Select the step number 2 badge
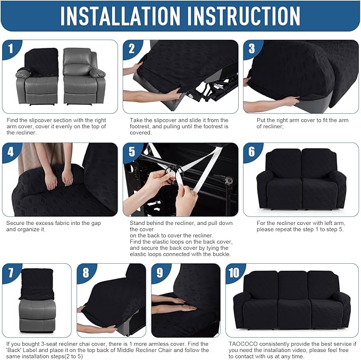pyautogui.click(x=132, y=49)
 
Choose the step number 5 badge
pyautogui.click(x=132, y=152)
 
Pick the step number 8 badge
pyautogui.click(x=86, y=273)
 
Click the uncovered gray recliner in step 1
pyautogui.click(x=81, y=76)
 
